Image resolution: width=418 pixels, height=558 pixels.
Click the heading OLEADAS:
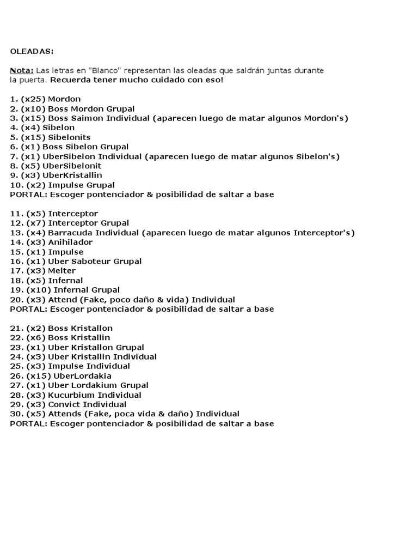32,51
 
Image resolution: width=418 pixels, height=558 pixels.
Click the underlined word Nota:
22,70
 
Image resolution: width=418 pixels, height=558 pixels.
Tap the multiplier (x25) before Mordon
33,99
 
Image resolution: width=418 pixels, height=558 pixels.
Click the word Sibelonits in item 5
69,137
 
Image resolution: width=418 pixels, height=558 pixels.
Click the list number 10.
16,185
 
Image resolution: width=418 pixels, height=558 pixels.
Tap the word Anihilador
70,242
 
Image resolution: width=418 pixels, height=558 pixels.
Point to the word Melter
62,271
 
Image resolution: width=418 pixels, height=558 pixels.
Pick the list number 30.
16,414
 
